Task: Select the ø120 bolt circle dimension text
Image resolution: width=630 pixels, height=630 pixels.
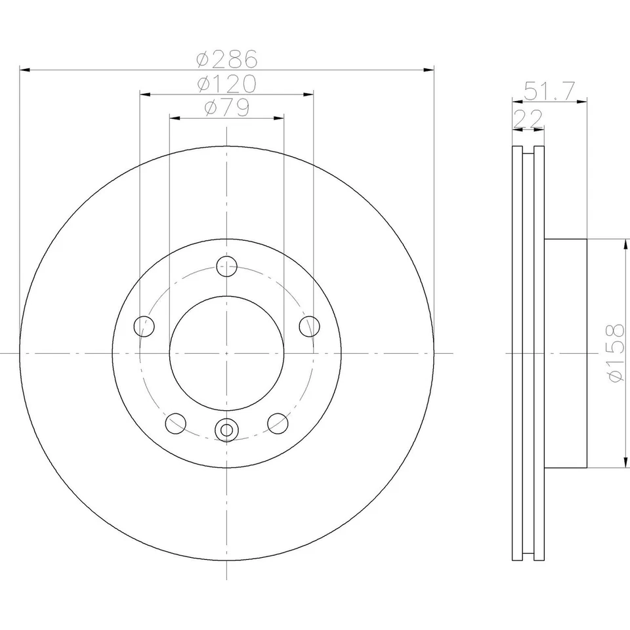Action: point(226,84)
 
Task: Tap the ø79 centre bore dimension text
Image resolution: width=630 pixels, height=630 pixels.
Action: point(226,108)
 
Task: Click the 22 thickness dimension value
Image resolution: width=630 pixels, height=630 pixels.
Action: point(528,119)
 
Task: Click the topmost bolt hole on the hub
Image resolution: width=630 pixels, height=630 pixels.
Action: point(226,266)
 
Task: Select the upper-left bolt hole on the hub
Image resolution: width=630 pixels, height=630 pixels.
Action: point(144,325)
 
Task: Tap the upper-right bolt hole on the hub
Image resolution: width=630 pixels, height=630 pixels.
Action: point(309,325)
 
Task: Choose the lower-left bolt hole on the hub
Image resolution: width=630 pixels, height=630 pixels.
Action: point(175,423)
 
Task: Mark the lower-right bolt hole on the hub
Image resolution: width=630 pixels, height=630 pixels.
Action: point(278,423)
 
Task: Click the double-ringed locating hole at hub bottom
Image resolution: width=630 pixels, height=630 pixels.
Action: point(226,430)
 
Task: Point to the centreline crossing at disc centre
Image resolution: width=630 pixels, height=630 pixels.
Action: point(226,353)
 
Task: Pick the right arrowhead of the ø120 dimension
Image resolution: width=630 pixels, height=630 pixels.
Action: point(308,94)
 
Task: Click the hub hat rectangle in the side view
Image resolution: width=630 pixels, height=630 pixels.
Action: point(565,353)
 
